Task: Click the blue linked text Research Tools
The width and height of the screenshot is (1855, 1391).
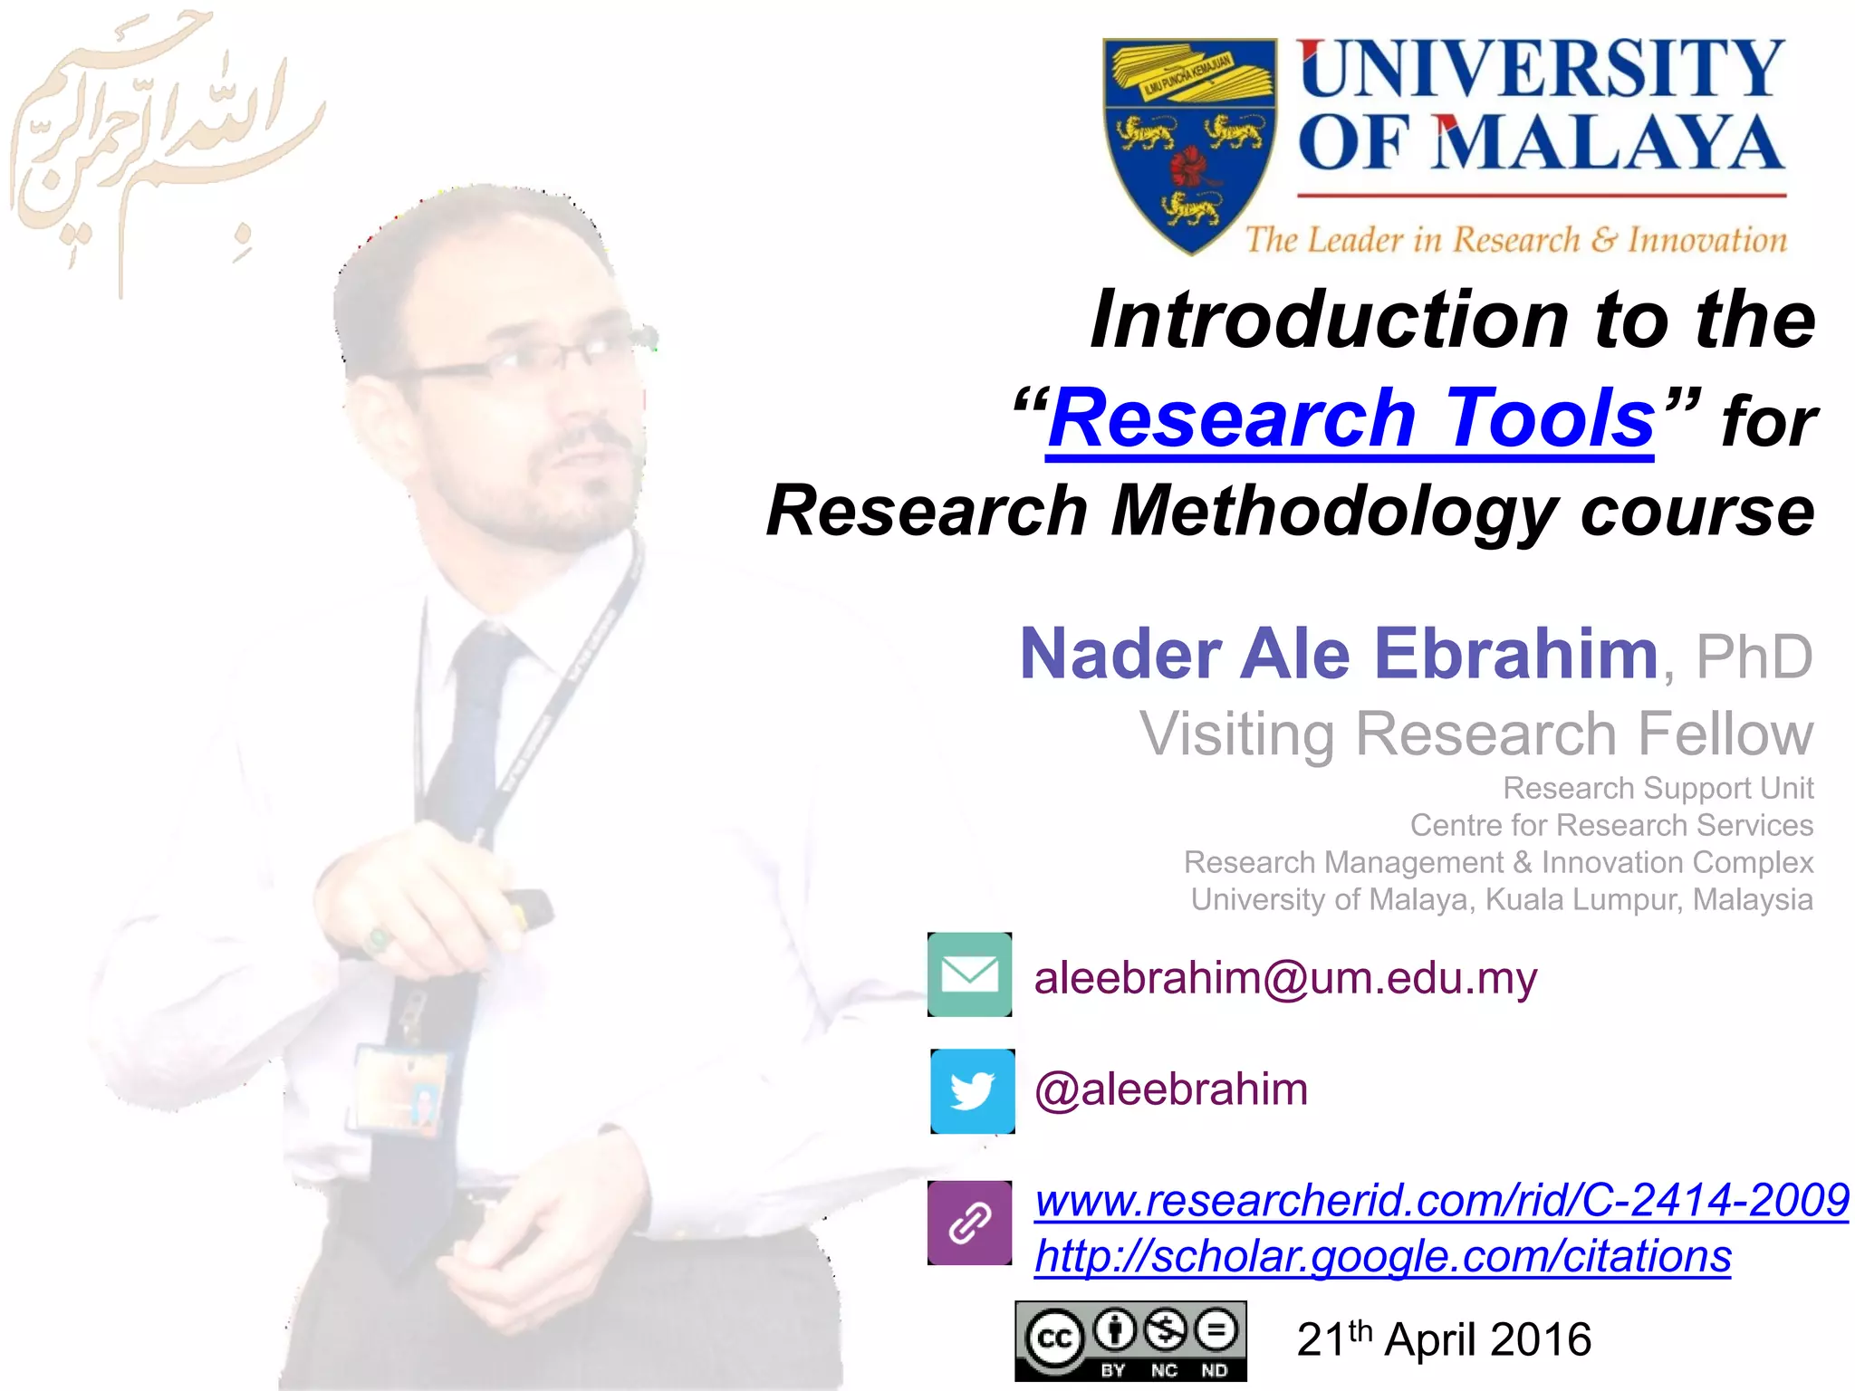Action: coord(1350,418)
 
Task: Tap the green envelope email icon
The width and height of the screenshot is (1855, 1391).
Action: coord(969,974)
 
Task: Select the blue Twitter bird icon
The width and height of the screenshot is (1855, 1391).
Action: coord(973,1091)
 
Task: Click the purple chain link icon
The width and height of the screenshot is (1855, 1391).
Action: coord(969,1223)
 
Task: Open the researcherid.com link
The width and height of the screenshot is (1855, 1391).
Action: coord(1440,1200)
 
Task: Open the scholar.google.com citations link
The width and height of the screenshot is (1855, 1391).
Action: coord(1382,1256)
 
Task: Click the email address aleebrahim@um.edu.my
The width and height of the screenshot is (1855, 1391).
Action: coord(1284,978)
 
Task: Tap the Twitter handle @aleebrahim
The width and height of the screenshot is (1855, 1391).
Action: coord(1170,1089)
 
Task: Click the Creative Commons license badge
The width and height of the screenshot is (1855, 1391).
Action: coord(1129,1340)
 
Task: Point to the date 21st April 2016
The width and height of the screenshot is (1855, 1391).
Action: coord(1443,1339)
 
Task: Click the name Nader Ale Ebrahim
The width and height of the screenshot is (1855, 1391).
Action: coord(1338,654)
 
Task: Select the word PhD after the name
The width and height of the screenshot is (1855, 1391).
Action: coord(1754,657)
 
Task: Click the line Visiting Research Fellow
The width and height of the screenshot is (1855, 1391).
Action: coord(1475,734)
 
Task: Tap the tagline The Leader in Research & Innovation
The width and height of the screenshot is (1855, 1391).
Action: coord(1515,240)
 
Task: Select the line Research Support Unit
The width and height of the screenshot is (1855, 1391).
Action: coord(1658,788)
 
